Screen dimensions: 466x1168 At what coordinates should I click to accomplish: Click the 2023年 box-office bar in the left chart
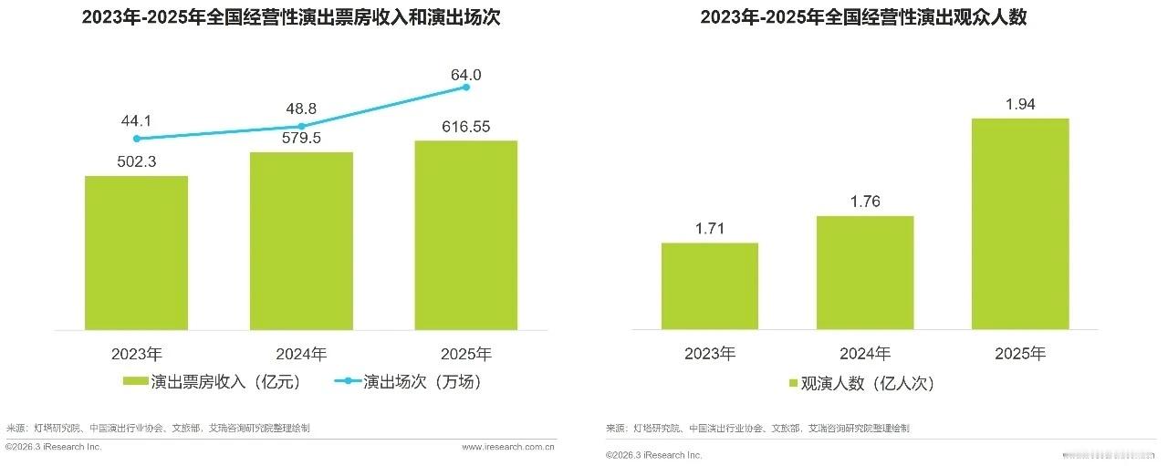pyautogui.click(x=136, y=253)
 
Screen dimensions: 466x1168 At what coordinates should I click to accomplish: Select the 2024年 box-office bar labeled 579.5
pyautogui.click(x=301, y=241)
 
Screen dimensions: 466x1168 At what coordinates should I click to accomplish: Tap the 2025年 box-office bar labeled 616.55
pyautogui.click(x=465, y=235)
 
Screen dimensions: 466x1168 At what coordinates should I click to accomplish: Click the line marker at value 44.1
pyautogui.click(x=136, y=139)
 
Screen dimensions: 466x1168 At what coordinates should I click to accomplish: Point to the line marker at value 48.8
pyautogui.click(x=301, y=126)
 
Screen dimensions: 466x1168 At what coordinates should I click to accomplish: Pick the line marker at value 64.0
pyautogui.click(x=466, y=87)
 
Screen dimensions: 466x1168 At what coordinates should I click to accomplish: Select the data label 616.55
pyautogui.click(x=465, y=127)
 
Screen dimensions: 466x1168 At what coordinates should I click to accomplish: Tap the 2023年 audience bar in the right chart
pyautogui.click(x=709, y=286)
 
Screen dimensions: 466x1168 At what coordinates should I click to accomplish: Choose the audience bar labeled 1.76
pyautogui.click(x=864, y=273)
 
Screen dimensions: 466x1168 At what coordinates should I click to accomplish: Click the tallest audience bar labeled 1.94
pyautogui.click(x=1020, y=223)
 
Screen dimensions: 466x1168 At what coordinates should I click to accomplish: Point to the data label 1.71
pyautogui.click(x=709, y=229)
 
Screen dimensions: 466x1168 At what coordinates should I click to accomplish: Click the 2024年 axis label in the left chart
pyautogui.click(x=301, y=354)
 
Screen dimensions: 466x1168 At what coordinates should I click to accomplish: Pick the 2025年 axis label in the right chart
pyautogui.click(x=1020, y=354)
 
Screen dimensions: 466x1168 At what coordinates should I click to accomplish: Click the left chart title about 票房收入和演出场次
pyautogui.click(x=291, y=17)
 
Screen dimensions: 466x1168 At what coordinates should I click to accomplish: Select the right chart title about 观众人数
pyautogui.click(x=863, y=17)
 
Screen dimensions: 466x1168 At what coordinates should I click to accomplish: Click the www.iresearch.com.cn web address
pyautogui.click(x=508, y=447)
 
